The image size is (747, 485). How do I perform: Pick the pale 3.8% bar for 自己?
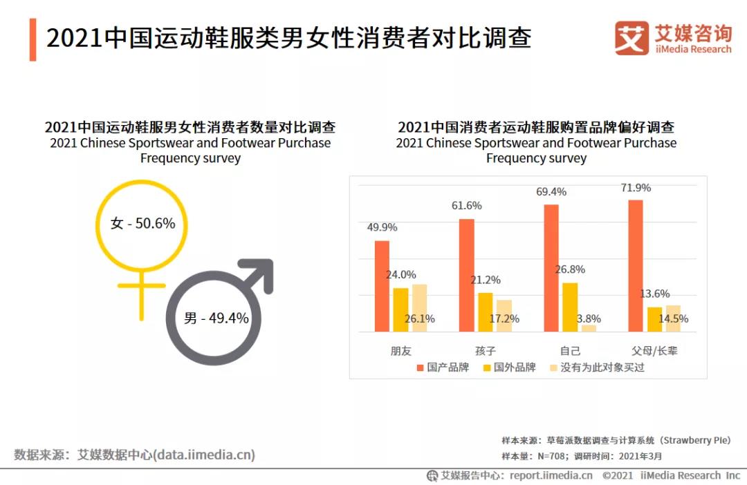tap(589, 328)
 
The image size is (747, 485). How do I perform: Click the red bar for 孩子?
tap(467, 275)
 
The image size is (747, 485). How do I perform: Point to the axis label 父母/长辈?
tap(654, 350)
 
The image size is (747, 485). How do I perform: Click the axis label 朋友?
tap(400, 350)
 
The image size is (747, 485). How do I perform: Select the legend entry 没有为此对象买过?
tap(602, 368)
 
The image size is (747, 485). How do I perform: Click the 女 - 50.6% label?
tap(142, 223)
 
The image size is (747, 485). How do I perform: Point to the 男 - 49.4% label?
tap(216, 318)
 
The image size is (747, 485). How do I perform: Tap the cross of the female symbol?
tap(141, 290)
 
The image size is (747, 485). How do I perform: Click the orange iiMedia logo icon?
tap(631, 38)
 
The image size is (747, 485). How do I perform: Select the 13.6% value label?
tap(654, 294)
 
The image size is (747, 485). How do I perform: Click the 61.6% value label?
tap(467, 206)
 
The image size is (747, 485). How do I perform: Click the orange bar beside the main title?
tap(33, 39)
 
